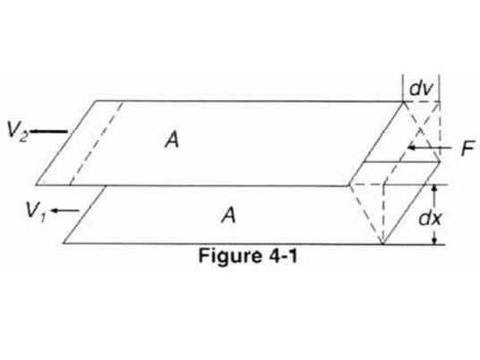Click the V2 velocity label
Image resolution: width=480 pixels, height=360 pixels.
click(17, 132)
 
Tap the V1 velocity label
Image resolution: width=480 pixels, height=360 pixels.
click(36, 212)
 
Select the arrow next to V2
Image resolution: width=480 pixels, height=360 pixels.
click(49, 132)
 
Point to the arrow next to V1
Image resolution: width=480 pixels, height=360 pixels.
click(65, 210)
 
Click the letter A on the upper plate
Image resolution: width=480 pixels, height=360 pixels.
click(172, 141)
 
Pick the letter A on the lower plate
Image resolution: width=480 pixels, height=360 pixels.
click(228, 215)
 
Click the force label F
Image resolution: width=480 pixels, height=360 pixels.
click(468, 149)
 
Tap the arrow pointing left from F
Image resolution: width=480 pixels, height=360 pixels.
click(430, 148)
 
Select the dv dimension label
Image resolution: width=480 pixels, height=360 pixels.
click(421, 89)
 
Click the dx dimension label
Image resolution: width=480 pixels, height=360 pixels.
click(431, 219)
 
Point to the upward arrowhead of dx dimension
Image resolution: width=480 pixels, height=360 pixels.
click(434, 190)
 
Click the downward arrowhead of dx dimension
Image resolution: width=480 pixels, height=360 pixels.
click(434, 240)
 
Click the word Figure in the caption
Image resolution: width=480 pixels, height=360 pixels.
click(229, 256)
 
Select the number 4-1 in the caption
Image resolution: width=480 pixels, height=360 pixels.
click(283, 255)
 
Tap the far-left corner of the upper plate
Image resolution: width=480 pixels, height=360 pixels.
click(36, 184)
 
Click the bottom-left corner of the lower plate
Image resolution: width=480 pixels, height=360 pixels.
click(64, 243)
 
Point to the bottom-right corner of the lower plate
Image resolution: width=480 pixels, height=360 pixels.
click(382, 244)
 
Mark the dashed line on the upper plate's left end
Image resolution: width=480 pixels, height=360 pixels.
click(97, 143)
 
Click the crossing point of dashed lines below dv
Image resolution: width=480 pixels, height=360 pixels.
click(422, 129)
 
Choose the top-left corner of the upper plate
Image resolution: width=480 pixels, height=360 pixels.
click(97, 100)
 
